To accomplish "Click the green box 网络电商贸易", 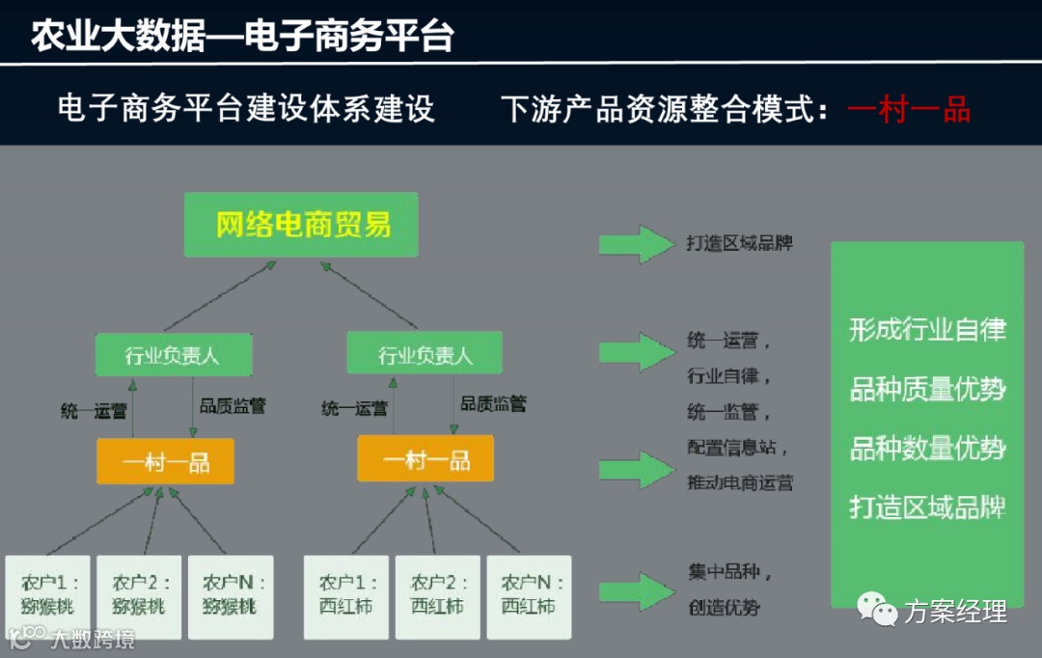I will (x=301, y=225).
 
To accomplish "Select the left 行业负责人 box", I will (x=173, y=355).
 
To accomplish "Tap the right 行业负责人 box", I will (x=425, y=355).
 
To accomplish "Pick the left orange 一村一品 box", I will (x=166, y=460).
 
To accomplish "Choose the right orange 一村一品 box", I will (x=425, y=459).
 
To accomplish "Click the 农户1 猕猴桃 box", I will (x=47, y=596).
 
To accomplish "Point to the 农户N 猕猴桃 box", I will (x=231, y=596).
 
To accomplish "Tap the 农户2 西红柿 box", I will (x=437, y=596).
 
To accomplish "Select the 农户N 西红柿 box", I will (x=529, y=596).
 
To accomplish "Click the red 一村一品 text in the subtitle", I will (x=909, y=109).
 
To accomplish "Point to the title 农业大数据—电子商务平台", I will (x=242, y=37).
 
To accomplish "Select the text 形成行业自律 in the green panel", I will (x=927, y=330).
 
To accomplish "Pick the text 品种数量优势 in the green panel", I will (x=927, y=449).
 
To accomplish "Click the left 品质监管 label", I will (x=233, y=406).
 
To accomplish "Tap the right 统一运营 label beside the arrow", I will (x=354, y=409).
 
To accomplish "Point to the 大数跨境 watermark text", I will (x=93, y=639).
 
